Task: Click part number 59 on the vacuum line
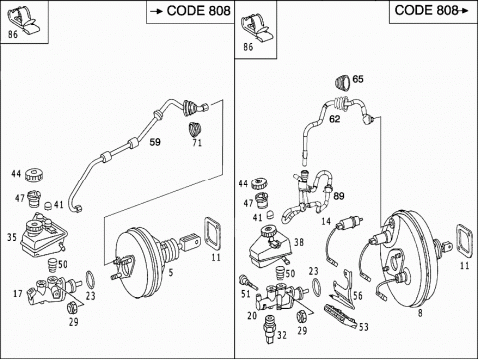pyautogui.click(x=155, y=142)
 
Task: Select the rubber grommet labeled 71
pyautogui.click(x=195, y=129)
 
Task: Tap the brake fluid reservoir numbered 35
pyautogui.click(x=43, y=237)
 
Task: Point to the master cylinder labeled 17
pyautogui.click(x=53, y=290)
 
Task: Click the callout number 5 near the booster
pyautogui.click(x=171, y=273)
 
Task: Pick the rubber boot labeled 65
pyautogui.click(x=343, y=83)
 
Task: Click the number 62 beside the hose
pyautogui.click(x=334, y=119)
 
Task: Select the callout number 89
pyautogui.click(x=339, y=196)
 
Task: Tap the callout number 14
pyautogui.click(x=326, y=221)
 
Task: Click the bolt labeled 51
pyautogui.click(x=247, y=282)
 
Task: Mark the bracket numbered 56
pyautogui.click(x=344, y=289)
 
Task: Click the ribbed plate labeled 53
pyautogui.click(x=341, y=316)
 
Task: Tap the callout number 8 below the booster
pyautogui.click(x=420, y=313)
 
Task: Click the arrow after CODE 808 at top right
pyautogui.click(x=464, y=11)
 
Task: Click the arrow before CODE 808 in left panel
pyautogui.click(x=156, y=12)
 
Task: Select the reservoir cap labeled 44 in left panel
pyautogui.click(x=34, y=175)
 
